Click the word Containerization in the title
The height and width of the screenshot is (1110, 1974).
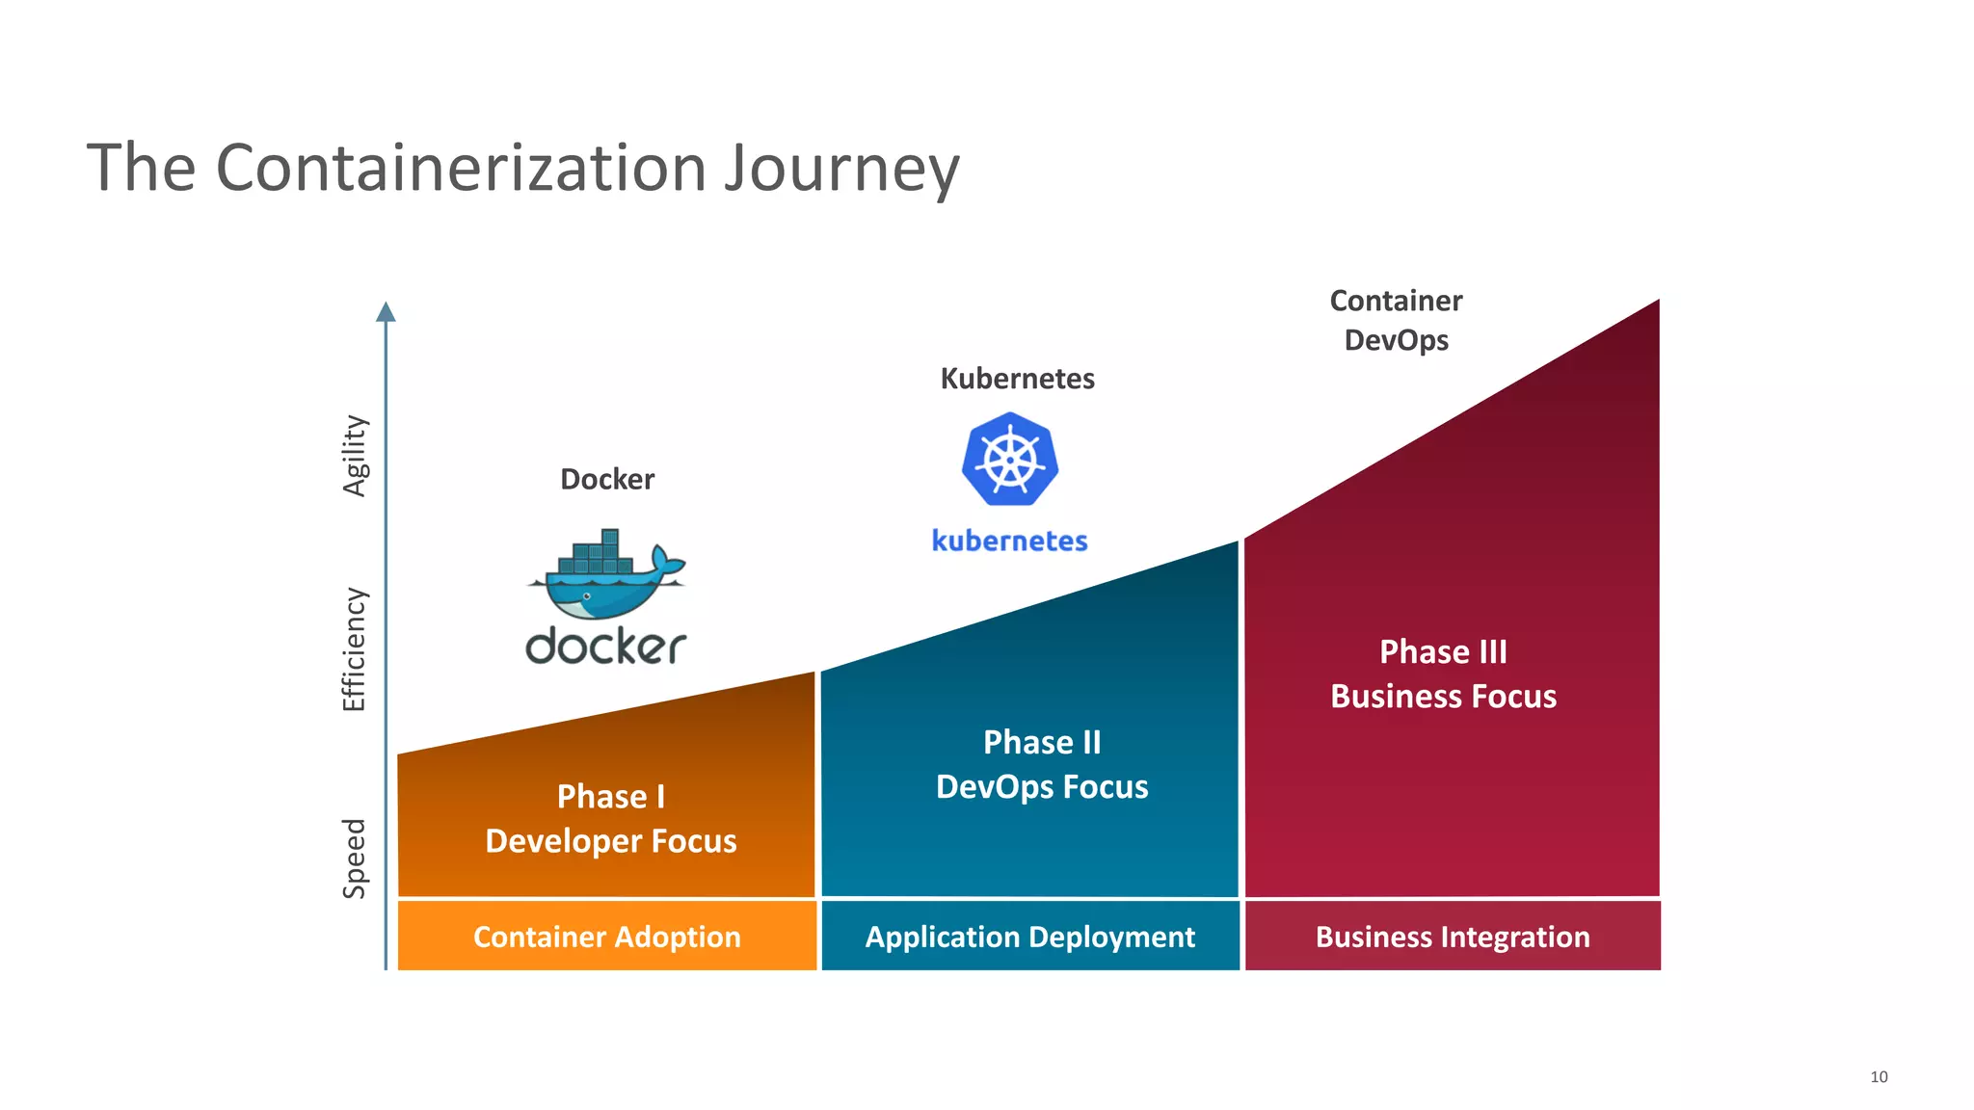(x=461, y=169)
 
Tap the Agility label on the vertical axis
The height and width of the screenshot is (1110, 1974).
(x=356, y=456)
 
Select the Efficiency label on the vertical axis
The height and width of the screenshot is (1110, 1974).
(x=355, y=649)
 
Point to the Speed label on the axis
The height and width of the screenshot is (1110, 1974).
(x=355, y=859)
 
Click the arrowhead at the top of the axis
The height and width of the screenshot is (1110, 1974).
(x=386, y=311)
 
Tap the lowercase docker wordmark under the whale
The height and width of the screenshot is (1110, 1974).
(x=606, y=647)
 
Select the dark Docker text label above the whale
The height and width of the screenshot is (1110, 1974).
(x=607, y=479)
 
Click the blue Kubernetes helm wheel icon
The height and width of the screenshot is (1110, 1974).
(x=1010, y=460)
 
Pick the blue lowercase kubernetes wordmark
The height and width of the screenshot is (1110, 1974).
(x=1009, y=541)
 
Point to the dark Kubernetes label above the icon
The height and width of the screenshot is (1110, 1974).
(x=1017, y=379)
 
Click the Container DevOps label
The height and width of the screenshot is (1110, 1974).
(x=1396, y=320)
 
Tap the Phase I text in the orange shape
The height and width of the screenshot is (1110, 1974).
(x=611, y=797)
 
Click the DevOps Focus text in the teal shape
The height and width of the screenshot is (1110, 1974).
(x=1042, y=787)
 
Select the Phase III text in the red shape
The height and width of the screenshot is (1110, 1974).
(x=1443, y=652)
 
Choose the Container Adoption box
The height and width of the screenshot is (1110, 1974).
(x=607, y=936)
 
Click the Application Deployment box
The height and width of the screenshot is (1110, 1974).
(x=1029, y=936)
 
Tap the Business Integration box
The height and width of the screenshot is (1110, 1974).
(x=1453, y=936)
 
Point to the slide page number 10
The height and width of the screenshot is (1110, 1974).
(x=1879, y=1077)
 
